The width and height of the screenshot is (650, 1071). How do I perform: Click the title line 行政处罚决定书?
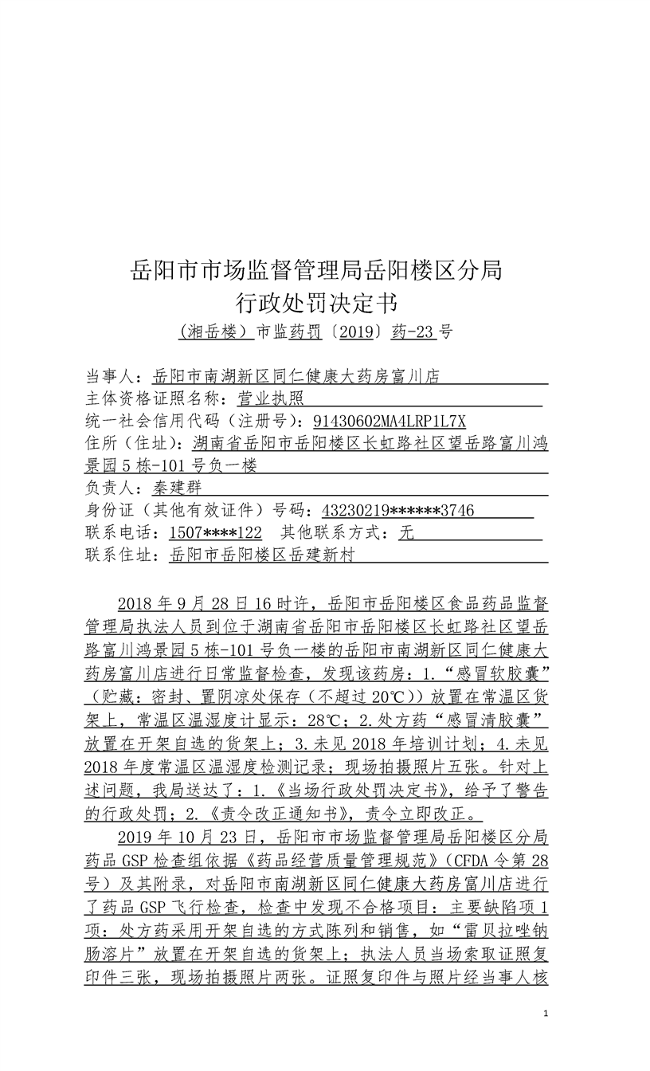pyautogui.click(x=316, y=303)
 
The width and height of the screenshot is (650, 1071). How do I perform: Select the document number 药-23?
pyautogui.click(x=414, y=332)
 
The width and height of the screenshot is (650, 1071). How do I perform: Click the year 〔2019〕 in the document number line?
pyautogui.click(x=355, y=332)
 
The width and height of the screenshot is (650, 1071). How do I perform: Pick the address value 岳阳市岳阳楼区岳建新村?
pyautogui.click(x=262, y=555)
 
